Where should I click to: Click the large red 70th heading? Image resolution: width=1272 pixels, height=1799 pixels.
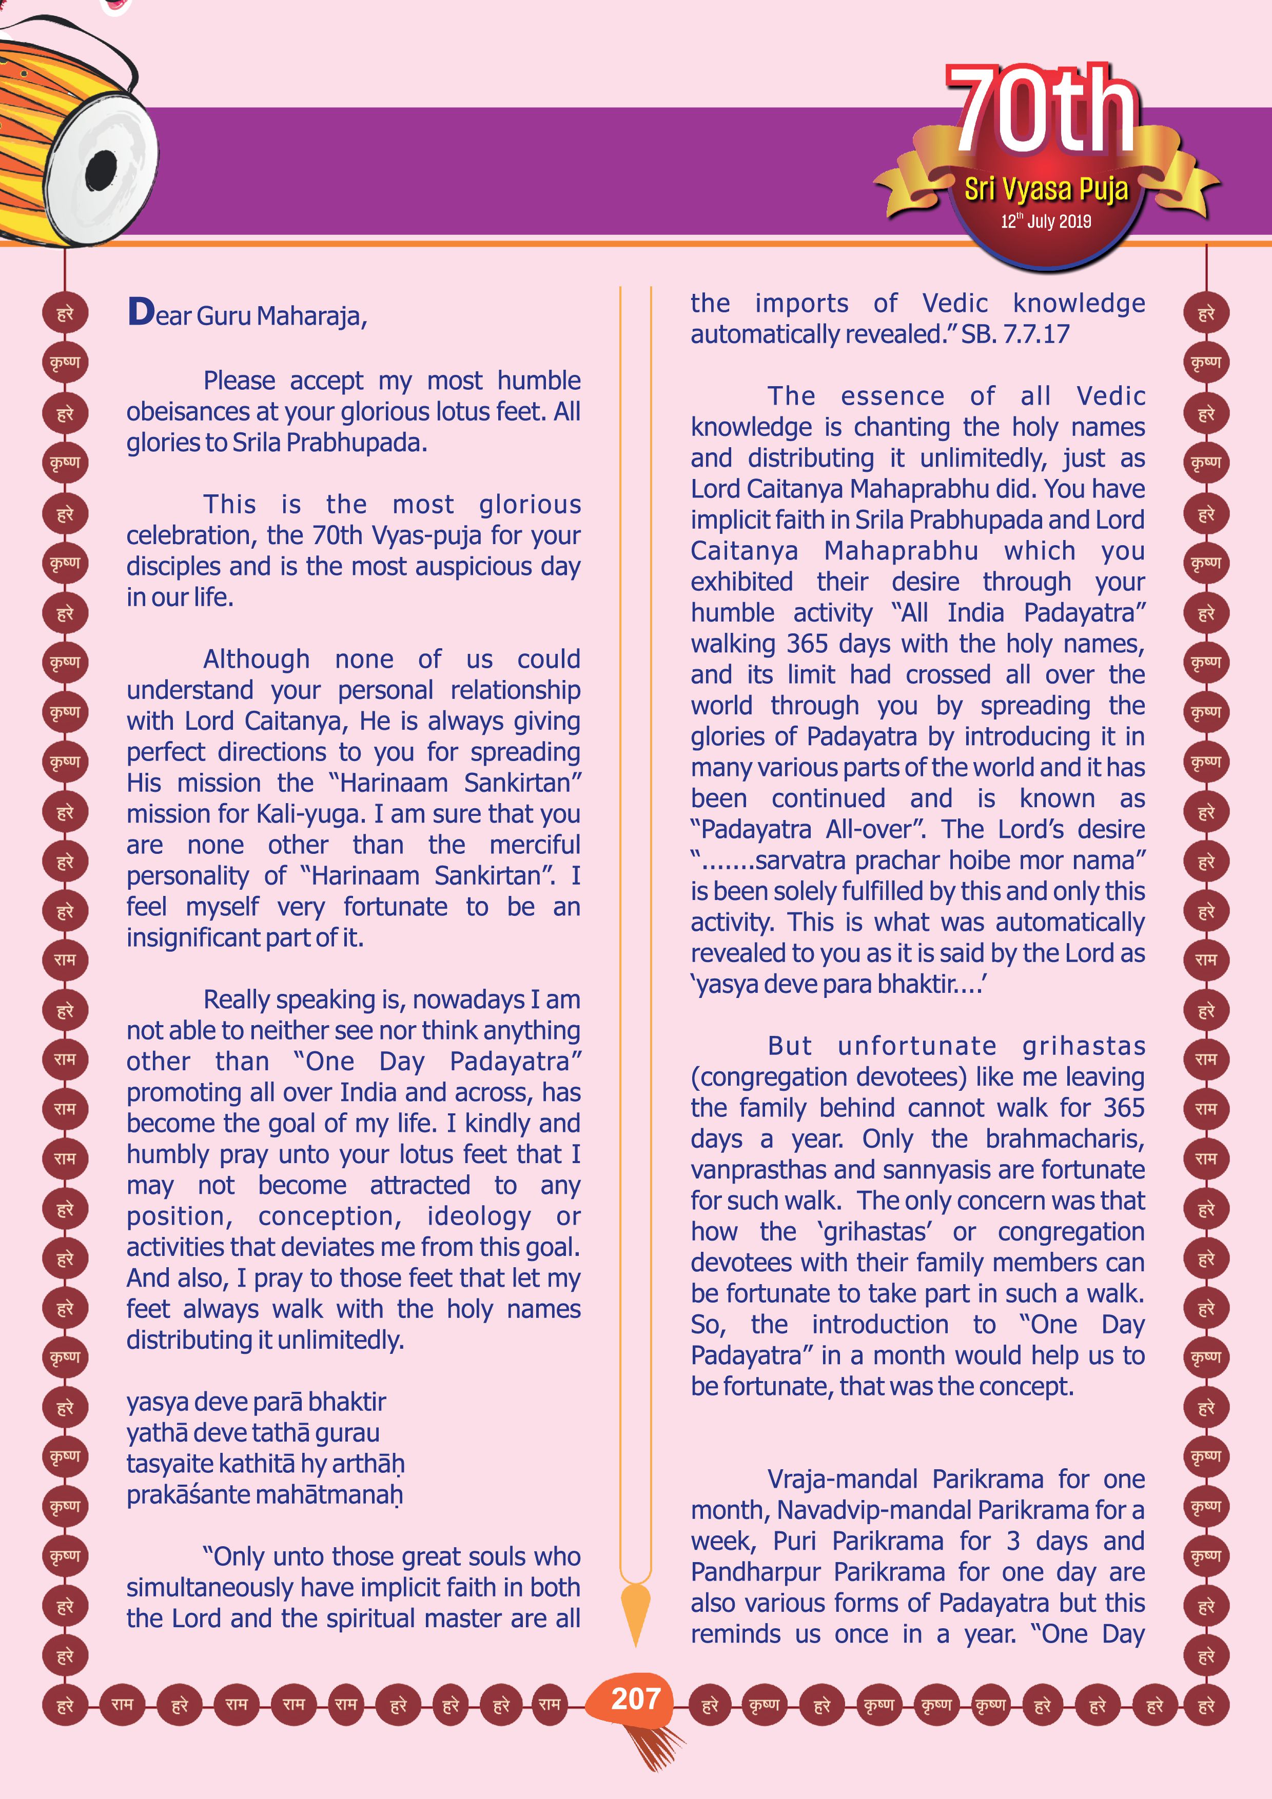click(1042, 110)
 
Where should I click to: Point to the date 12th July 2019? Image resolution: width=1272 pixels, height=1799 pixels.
click(1046, 222)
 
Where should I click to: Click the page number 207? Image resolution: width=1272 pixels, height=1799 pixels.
click(636, 1698)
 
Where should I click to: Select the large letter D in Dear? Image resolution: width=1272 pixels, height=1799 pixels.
click(141, 312)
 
